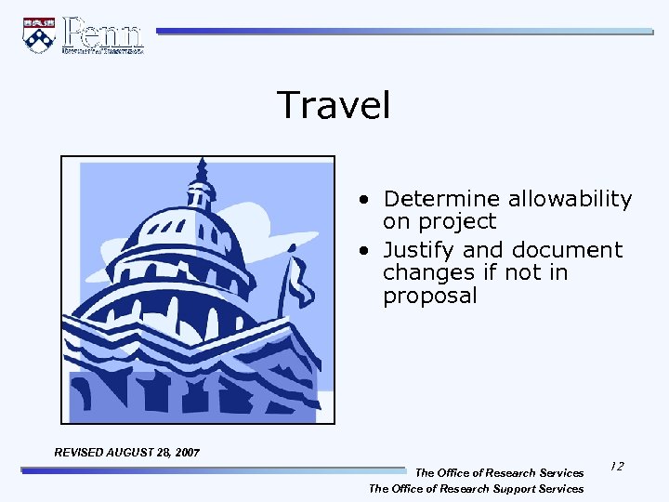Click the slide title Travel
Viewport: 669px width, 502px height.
(x=334, y=105)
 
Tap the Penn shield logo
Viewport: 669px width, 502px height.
(x=39, y=35)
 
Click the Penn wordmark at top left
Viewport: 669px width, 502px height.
(x=102, y=34)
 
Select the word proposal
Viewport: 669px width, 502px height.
(x=429, y=297)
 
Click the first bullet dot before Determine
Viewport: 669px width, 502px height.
(x=369, y=200)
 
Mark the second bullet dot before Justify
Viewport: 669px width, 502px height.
(x=369, y=251)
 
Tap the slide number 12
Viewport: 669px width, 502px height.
(x=617, y=465)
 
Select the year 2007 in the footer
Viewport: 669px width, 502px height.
(x=185, y=452)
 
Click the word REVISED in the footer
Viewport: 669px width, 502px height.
(x=80, y=452)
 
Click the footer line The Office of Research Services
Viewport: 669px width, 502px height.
(x=499, y=473)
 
